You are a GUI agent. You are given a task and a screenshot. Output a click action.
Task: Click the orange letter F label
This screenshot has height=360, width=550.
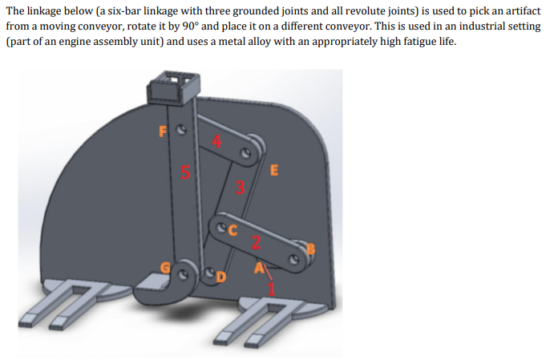coord(163,131)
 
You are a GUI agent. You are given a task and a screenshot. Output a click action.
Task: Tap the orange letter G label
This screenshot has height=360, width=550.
coord(165,268)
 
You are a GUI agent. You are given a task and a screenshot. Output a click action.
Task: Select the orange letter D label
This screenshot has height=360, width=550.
coord(221,277)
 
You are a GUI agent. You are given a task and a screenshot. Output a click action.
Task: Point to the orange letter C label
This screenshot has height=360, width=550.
coord(233,230)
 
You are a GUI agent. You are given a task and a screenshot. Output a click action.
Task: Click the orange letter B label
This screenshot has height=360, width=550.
coord(311,249)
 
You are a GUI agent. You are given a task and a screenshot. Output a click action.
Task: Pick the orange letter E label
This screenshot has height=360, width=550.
coord(274,170)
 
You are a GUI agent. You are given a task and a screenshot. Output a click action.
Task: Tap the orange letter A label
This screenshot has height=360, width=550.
coord(259,268)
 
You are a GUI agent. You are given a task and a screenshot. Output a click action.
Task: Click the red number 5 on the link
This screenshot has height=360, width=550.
coord(185,172)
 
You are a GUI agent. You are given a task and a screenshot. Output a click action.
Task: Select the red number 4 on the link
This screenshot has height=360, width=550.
coord(216,141)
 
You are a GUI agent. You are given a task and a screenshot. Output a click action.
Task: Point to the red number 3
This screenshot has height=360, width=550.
coord(240,188)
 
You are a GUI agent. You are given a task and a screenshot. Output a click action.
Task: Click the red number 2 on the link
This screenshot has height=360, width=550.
coord(257,242)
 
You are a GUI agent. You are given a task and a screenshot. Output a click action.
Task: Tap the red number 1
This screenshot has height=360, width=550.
coord(271,289)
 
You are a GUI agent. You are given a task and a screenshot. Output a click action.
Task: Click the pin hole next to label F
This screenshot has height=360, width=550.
coord(181,130)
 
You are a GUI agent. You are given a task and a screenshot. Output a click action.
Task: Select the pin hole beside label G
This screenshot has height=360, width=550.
coord(183,275)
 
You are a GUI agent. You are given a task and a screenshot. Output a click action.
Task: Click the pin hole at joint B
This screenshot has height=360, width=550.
coord(294,260)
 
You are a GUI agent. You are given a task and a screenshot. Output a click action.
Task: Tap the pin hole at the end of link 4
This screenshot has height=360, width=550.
coord(245,154)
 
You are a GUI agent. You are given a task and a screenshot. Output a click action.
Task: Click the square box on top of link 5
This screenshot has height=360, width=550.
coord(174,87)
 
